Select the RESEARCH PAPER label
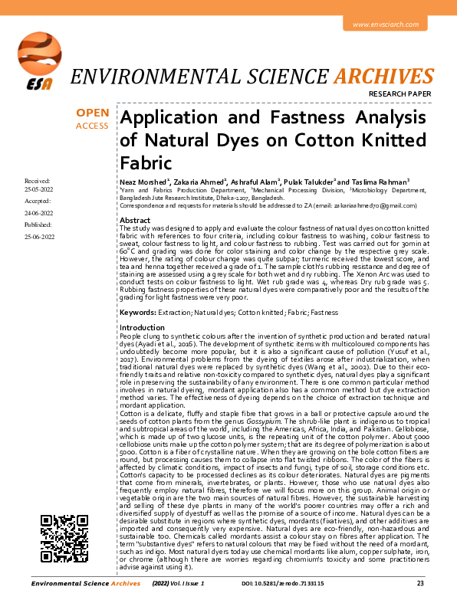(399, 93)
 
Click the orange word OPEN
(92, 113)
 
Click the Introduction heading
(142, 327)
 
